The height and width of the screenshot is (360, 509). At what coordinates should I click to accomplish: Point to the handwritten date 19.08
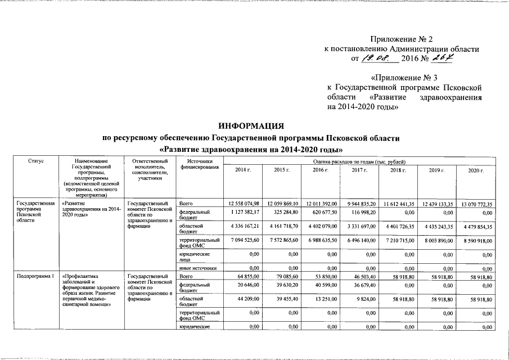point(377,58)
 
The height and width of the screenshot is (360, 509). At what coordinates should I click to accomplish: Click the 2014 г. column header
point(243,170)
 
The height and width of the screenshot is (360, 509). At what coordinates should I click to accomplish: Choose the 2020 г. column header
point(476,170)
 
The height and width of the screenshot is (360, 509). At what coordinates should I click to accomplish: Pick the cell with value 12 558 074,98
point(244,202)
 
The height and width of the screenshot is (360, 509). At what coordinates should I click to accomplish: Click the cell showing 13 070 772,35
point(474,204)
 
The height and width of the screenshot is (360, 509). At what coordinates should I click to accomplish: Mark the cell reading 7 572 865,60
point(284,240)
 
